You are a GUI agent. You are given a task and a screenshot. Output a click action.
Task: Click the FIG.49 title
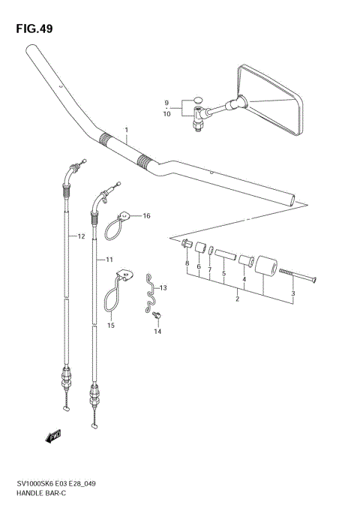[x=33, y=28]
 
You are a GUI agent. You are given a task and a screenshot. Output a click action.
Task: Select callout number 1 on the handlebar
[x=127, y=130]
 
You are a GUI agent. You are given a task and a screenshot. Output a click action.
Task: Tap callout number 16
[x=146, y=216]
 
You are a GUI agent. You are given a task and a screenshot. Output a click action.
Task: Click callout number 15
[x=110, y=325]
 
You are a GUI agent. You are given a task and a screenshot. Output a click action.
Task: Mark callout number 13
[x=163, y=287]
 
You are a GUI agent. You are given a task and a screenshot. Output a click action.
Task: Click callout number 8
[x=187, y=265]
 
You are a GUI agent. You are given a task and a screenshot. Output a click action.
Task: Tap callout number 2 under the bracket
[x=237, y=299]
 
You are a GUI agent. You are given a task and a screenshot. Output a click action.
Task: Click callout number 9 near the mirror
[x=168, y=103]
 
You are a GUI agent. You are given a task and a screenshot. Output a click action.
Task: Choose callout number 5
[x=223, y=275]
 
